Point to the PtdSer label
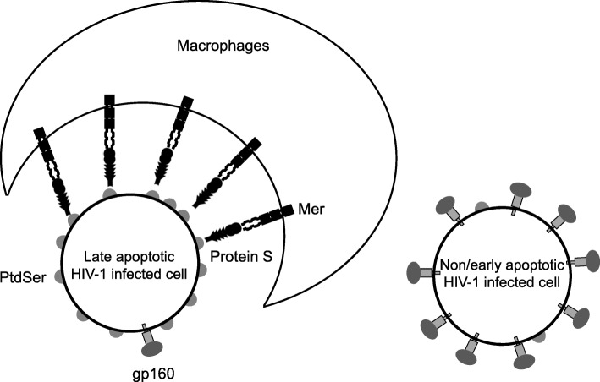(21, 276)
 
